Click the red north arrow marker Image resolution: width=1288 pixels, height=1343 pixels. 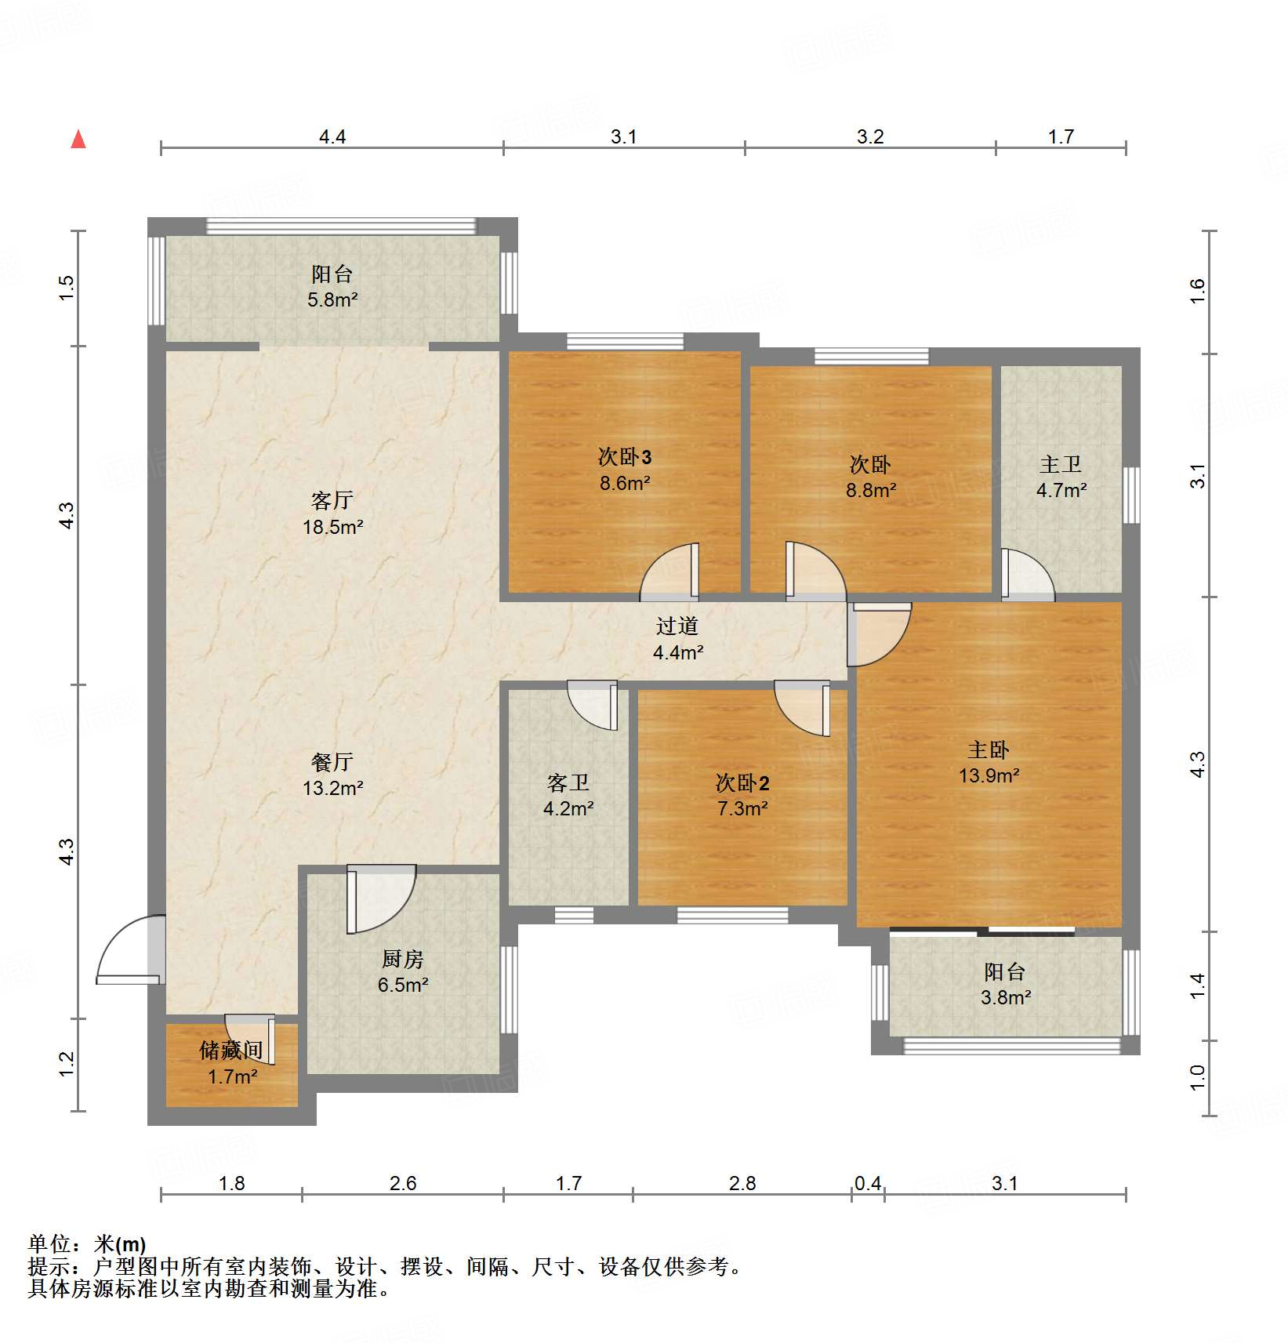[78, 140]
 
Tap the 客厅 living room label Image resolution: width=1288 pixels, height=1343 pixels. [332, 500]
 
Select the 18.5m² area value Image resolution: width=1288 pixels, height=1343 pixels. [333, 527]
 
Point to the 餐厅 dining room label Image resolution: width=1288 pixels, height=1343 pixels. [332, 762]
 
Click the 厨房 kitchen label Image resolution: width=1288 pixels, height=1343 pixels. [403, 959]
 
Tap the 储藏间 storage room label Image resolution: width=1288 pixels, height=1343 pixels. [231, 1051]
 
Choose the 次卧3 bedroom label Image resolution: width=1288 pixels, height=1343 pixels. [625, 457]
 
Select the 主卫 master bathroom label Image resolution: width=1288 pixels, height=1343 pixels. [1061, 465]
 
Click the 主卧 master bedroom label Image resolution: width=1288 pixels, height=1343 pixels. [989, 750]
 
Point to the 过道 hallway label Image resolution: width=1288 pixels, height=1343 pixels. [677, 626]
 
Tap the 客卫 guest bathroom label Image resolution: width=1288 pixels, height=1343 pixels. [568, 782]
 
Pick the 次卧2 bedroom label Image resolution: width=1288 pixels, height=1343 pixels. [742, 782]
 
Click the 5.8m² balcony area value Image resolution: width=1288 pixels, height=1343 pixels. [332, 299]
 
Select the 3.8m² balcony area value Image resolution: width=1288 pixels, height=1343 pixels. [1006, 997]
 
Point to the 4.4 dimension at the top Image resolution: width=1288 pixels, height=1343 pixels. [332, 136]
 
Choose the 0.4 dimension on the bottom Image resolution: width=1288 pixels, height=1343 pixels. [868, 1183]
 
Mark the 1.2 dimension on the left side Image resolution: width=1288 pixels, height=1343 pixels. [67, 1064]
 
